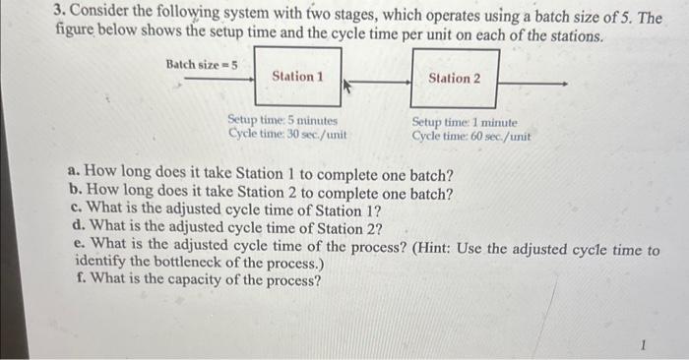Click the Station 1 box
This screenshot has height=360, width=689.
point(296,77)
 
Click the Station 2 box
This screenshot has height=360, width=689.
point(455,79)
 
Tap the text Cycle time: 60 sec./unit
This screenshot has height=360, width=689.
point(470,136)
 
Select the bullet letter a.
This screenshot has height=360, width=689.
point(76,176)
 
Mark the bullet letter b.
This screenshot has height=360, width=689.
point(76,194)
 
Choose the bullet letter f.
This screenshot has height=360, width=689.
point(79,281)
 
